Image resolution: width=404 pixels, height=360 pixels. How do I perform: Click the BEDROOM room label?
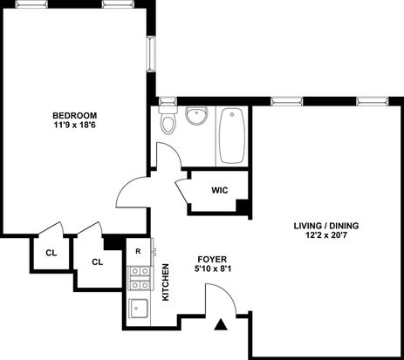[x=75, y=115]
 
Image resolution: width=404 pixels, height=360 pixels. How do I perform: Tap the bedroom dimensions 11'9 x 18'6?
[x=75, y=126]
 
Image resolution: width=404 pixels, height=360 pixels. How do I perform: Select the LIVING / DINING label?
[x=326, y=226]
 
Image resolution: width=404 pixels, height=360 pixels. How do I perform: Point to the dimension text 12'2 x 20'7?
[x=326, y=235]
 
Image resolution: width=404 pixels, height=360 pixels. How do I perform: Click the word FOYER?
[x=212, y=259]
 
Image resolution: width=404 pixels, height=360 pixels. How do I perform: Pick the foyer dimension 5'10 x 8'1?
[x=213, y=268]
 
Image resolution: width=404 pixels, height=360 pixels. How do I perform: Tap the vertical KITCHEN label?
[x=165, y=282]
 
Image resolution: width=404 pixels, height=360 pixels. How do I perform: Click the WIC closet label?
[x=220, y=191]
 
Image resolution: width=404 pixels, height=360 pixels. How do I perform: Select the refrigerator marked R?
[x=139, y=252]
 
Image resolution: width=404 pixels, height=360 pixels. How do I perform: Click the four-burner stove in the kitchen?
[x=140, y=278]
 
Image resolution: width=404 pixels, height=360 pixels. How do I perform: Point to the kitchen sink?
[x=139, y=309]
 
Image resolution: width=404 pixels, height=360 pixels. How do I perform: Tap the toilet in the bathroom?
[x=168, y=119]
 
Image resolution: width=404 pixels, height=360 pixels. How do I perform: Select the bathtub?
[x=232, y=136]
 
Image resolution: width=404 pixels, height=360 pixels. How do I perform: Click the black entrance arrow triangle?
[x=221, y=324]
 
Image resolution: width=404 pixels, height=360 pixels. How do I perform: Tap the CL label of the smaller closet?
[x=51, y=253]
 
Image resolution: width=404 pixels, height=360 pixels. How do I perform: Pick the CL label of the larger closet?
[x=98, y=262]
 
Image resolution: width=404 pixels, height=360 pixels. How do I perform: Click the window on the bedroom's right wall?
[x=151, y=54]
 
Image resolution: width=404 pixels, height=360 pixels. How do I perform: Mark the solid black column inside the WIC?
[x=242, y=207]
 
